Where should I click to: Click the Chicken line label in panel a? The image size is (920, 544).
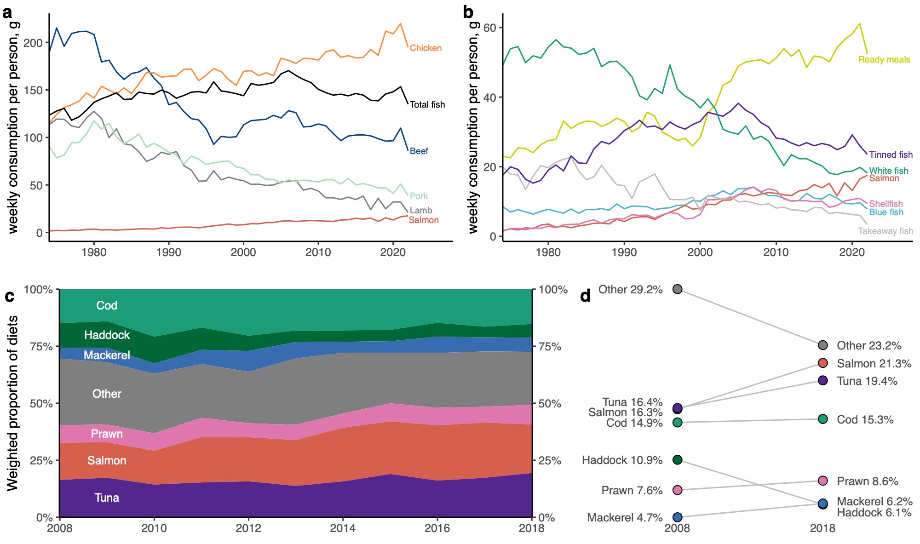(425, 48)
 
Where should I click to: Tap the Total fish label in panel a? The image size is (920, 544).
(427, 105)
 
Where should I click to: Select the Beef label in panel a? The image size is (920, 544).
(419, 151)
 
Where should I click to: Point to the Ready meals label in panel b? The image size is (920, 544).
(884, 60)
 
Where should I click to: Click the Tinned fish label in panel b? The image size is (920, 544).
(891, 155)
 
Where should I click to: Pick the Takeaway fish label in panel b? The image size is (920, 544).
(885, 231)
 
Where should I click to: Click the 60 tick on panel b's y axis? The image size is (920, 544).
(490, 28)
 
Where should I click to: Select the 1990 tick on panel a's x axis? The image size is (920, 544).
(168, 252)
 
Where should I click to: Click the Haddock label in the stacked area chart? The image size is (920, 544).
(107, 335)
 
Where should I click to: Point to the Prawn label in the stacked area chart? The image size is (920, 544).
(107, 434)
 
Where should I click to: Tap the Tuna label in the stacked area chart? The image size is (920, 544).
(107, 498)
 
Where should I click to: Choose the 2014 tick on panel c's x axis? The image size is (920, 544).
(343, 528)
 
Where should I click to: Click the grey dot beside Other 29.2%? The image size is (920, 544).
(677, 289)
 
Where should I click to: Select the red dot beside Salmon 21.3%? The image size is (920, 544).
(823, 363)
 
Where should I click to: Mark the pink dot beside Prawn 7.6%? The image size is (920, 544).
(677, 490)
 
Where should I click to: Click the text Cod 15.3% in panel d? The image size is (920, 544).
(865, 419)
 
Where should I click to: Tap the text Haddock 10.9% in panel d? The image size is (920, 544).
(622, 460)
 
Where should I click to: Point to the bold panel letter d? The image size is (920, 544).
(585, 296)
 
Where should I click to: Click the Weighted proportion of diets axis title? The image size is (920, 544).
(12, 403)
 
